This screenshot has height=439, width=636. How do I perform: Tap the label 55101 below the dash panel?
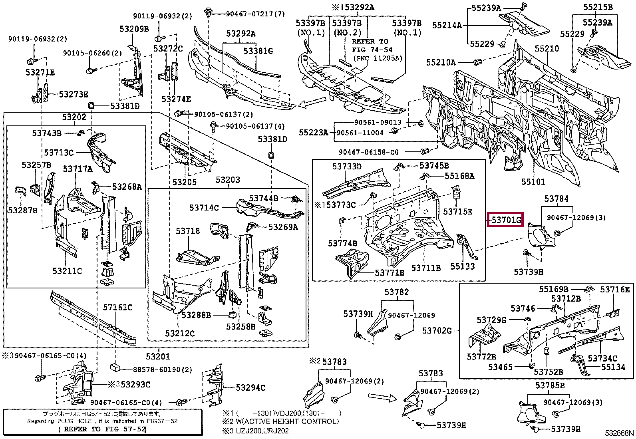(x=533, y=181)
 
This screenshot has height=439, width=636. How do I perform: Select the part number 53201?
(x=158, y=356)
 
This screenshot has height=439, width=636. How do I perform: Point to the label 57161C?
(x=117, y=307)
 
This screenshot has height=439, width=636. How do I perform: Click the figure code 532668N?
(x=619, y=433)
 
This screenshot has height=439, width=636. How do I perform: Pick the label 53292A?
(x=241, y=34)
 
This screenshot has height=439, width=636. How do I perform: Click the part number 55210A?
(x=441, y=62)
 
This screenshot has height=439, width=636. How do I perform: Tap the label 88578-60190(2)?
(x=163, y=370)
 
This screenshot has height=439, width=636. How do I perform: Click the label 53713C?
(x=59, y=153)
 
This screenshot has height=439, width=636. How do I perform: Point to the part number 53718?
(x=188, y=231)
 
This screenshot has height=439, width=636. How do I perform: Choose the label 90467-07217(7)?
(x=255, y=14)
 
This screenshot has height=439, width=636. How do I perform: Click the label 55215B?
(x=598, y=7)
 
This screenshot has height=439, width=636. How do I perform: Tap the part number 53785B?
(x=550, y=385)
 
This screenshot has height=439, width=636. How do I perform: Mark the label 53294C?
(x=250, y=387)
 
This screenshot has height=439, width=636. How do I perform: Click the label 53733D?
(x=347, y=167)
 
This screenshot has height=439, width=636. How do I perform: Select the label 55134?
(x=613, y=367)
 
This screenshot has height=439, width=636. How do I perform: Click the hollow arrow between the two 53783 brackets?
(x=383, y=397)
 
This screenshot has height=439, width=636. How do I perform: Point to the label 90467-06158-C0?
(x=369, y=152)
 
